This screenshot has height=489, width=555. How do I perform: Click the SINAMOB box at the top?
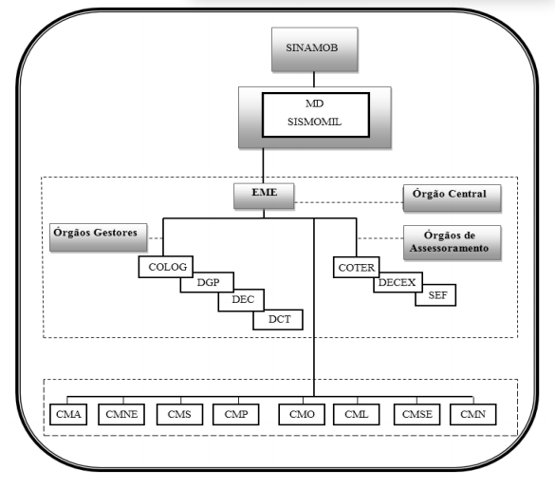(x=315, y=49)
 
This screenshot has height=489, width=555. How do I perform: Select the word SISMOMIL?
(x=314, y=122)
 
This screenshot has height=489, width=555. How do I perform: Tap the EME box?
(x=264, y=196)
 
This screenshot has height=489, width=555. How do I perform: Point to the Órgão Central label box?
(x=452, y=197)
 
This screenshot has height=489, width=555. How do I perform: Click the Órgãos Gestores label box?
(x=99, y=237)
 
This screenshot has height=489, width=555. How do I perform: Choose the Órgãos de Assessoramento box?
(x=452, y=243)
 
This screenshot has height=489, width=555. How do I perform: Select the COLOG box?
(x=166, y=267)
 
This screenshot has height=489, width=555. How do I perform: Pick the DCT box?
(x=278, y=320)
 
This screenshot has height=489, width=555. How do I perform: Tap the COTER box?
(x=356, y=267)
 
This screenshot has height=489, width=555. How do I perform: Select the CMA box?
(x=68, y=414)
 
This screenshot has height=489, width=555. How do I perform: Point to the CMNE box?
(x=121, y=414)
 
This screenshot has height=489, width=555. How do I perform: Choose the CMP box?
(x=235, y=414)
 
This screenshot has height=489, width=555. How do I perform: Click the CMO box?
(x=302, y=414)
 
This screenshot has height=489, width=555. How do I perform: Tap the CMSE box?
(x=416, y=414)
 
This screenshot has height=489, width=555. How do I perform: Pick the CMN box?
(x=472, y=414)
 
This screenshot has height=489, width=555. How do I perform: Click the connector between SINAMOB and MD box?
(x=314, y=79)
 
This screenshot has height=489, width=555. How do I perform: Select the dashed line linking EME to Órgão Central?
(x=348, y=202)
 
